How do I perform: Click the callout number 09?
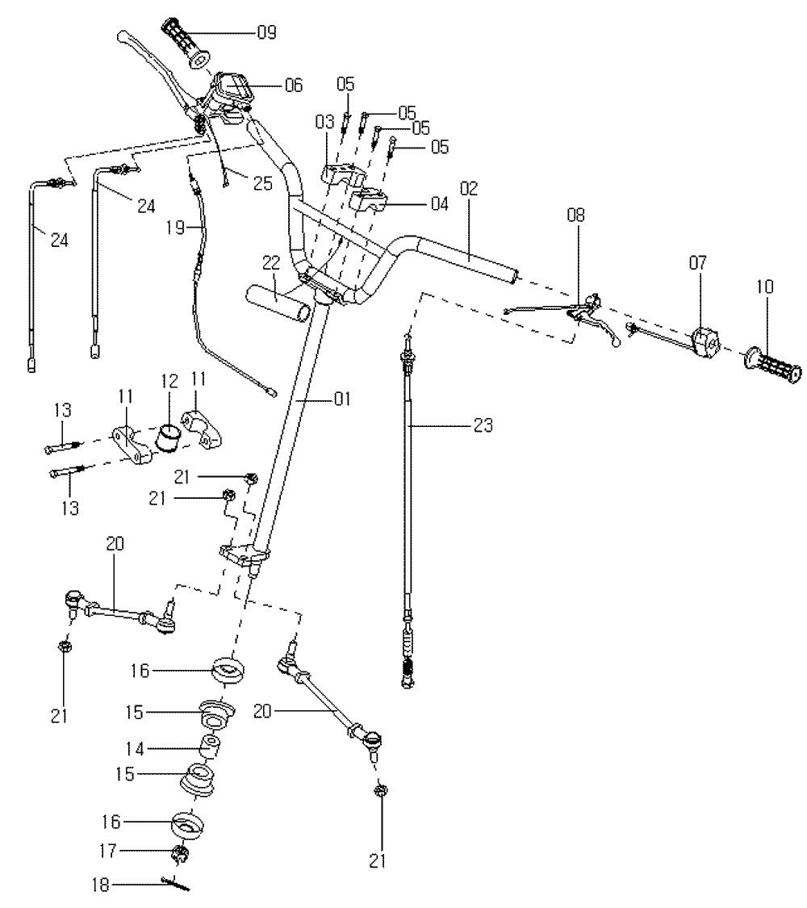266,33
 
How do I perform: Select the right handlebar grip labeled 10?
773,366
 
